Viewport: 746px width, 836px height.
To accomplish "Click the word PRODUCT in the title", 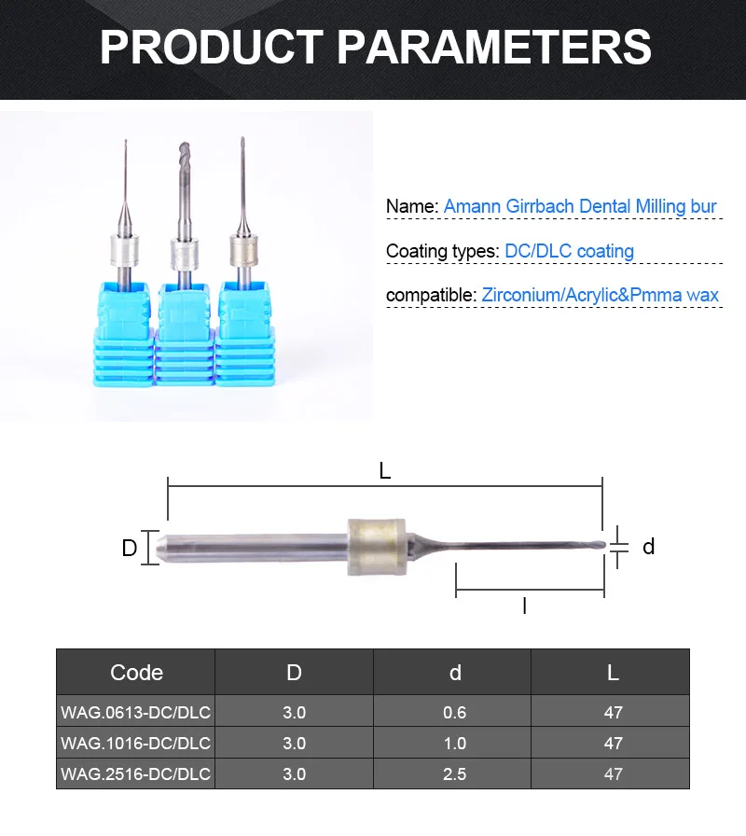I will (x=211, y=46).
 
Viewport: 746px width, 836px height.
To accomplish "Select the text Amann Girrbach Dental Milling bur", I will (x=580, y=206).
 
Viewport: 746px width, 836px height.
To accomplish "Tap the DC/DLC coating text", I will (x=569, y=251).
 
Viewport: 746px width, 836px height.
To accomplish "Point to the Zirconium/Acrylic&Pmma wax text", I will (x=601, y=296).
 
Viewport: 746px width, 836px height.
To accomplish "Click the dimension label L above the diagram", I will (x=385, y=471).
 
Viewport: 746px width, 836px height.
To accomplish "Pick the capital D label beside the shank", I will (x=130, y=548).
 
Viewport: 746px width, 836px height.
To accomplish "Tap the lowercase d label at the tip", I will (x=649, y=547).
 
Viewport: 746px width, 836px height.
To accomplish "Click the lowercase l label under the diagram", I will (x=524, y=606).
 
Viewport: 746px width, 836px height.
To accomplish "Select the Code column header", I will (x=136, y=672).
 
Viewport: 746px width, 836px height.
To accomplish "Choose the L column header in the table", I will (x=613, y=672).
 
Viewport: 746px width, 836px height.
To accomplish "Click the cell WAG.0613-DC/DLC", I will (x=136, y=713).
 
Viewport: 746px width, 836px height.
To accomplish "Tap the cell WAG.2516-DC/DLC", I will (x=136, y=773).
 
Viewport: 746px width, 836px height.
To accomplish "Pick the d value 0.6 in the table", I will (x=454, y=713).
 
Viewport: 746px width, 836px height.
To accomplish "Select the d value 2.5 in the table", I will (x=454, y=773).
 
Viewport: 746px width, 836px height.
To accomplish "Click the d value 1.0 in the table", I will (x=454, y=744).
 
